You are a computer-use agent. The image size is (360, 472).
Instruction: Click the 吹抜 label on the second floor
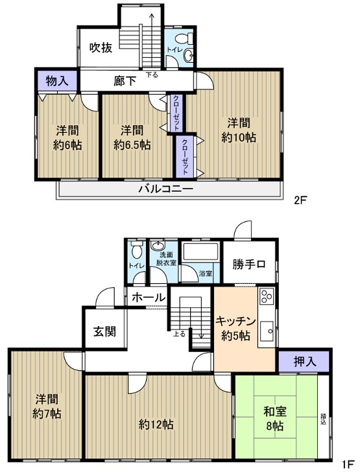[101, 48]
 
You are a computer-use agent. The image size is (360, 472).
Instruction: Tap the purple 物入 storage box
[57, 80]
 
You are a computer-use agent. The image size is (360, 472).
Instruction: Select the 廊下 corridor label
[125, 80]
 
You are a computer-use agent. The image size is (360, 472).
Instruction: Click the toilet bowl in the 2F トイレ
[183, 38]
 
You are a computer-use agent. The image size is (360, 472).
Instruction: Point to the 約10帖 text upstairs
[239, 137]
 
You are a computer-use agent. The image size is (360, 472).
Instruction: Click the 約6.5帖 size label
[132, 145]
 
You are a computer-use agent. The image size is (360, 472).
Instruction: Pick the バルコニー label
[165, 189]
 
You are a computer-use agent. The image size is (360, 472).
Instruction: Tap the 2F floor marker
[300, 200]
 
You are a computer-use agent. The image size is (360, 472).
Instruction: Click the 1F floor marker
[348, 464]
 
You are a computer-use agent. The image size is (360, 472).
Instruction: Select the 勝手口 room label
[249, 265]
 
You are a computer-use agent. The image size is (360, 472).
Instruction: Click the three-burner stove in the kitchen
[267, 296]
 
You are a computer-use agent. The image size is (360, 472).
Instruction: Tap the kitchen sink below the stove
[267, 331]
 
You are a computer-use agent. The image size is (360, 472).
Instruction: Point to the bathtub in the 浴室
[200, 252]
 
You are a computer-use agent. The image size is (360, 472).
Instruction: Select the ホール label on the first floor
[149, 298]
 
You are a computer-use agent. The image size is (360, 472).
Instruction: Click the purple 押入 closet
[305, 362]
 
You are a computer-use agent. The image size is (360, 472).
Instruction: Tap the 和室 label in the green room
[275, 412]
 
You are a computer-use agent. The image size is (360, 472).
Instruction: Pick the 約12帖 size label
[156, 425]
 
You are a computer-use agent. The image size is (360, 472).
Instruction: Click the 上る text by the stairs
[179, 334]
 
